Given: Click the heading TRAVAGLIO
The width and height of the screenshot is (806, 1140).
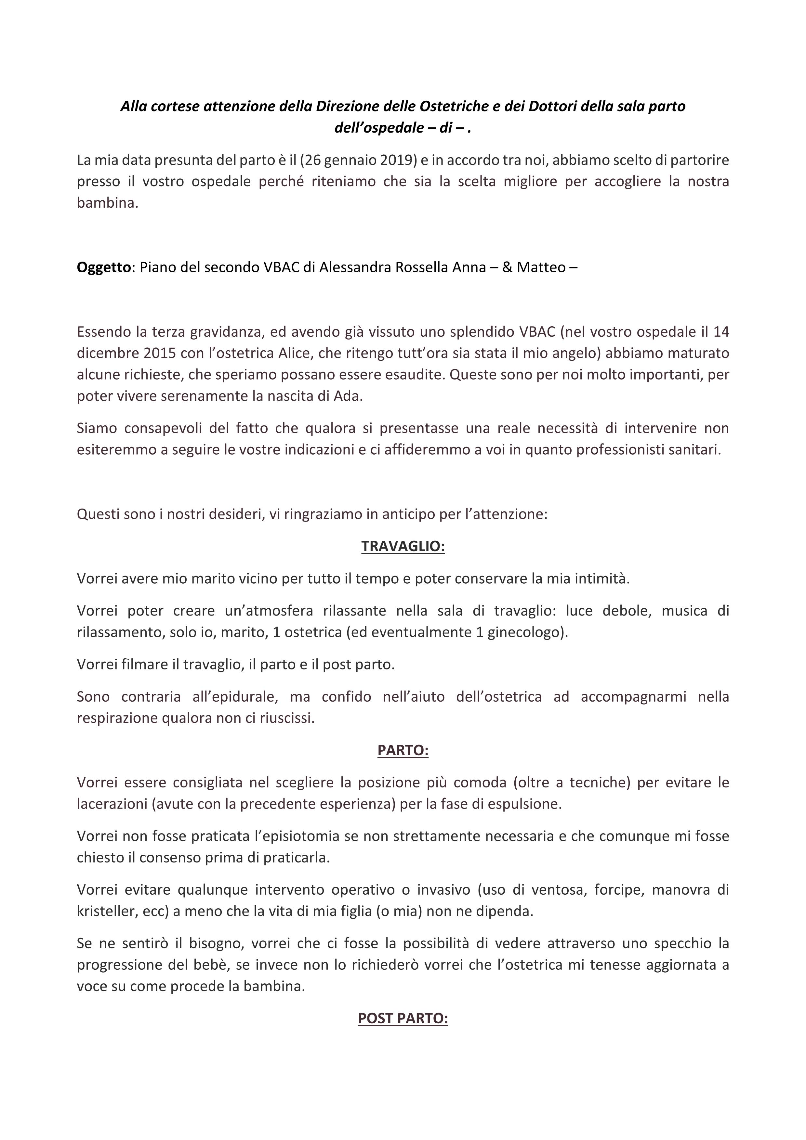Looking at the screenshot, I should click(403, 546).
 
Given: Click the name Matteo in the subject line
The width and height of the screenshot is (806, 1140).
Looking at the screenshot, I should click(541, 268).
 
